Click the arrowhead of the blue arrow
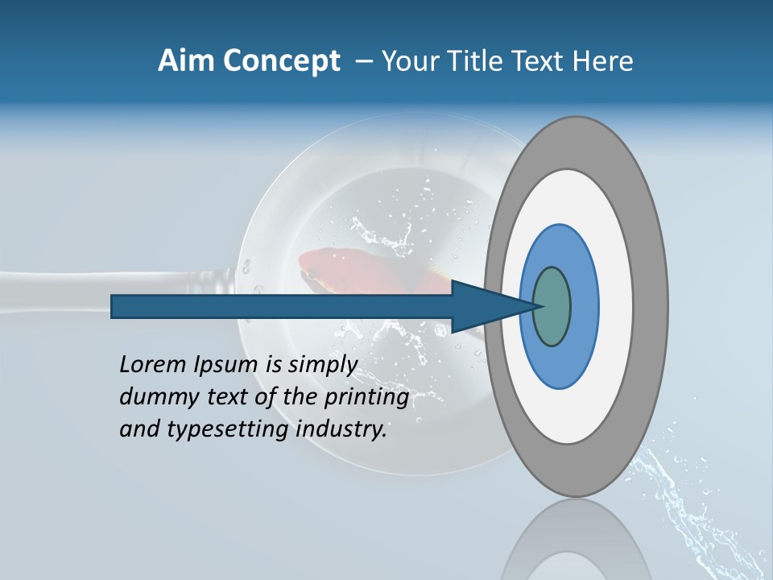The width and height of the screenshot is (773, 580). coord(491,307)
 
